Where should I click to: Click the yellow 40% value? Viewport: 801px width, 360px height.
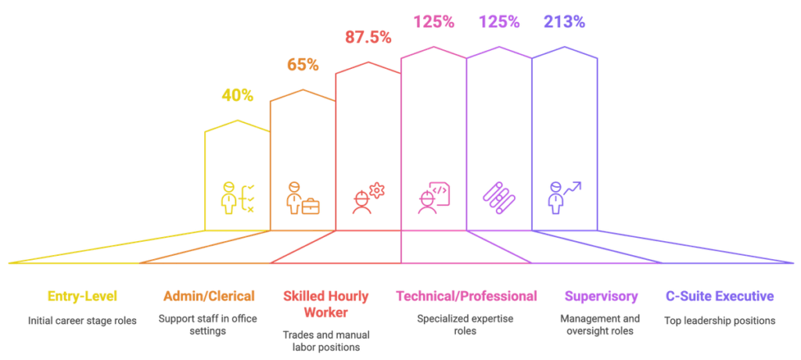pos(237,95)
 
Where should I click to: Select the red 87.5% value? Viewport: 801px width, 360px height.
pos(368,37)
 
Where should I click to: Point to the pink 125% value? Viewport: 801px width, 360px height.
pos(433,22)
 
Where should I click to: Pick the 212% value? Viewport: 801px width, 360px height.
pos(564,22)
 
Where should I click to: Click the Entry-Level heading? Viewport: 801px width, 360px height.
pos(82,296)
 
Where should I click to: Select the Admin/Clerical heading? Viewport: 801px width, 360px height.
pos(209,296)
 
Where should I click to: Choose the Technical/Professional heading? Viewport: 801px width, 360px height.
pos(466,296)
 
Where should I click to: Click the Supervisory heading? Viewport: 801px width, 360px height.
pos(601,296)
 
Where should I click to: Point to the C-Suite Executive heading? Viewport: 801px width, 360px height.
pos(719,296)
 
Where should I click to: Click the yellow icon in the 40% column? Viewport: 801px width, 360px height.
pos(237,198)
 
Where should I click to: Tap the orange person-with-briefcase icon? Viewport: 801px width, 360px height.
pos(302,198)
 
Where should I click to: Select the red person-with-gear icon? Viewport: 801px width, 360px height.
pos(368,198)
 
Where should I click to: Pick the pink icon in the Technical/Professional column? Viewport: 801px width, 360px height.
pos(433,198)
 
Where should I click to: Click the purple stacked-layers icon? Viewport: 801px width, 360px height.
pos(498,198)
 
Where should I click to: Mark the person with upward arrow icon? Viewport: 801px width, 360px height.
pos(564,198)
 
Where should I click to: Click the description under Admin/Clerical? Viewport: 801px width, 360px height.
pos(209,325)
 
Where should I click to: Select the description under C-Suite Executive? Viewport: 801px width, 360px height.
pos(719,319)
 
